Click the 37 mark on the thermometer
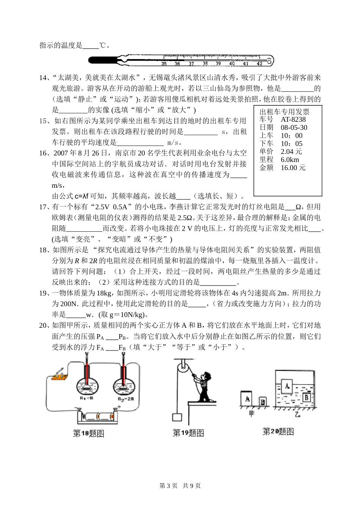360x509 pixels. click(x=191, y=64)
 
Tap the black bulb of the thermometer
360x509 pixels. click(x=102, y=60)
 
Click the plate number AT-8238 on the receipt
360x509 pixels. click(x=293, y=119)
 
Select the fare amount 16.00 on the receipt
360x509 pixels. click(x=293, y=168)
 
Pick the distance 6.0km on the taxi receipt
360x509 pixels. click(x=290, y=160)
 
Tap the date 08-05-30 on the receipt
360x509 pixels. click(x=294, y=127)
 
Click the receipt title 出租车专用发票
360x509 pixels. click(x=285, y=112)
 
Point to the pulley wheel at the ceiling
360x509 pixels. click(x=181, y=366)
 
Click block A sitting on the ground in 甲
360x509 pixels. click(x=247, y=399)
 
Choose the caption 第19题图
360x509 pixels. click(x=188, y=433)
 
